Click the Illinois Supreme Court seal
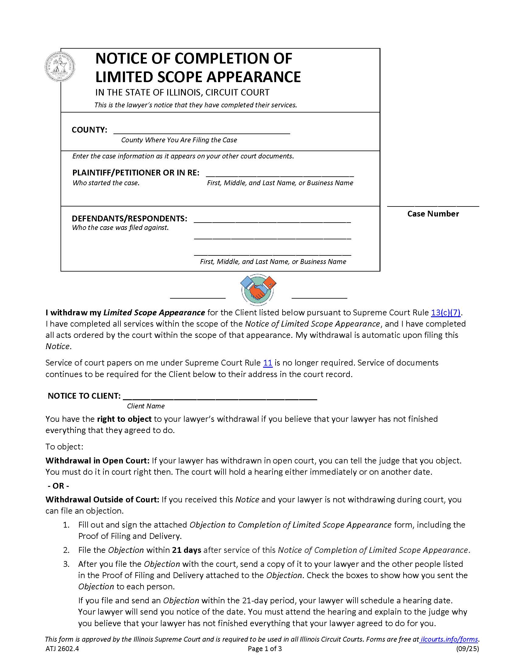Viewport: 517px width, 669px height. [x=60, y=67]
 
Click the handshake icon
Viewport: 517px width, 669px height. [x=258, y=289]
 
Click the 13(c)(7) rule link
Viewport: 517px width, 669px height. [x=446, y=312]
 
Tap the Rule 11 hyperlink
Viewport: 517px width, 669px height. [x=268, y=363]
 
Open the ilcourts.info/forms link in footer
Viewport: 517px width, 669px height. [x=449, y=639]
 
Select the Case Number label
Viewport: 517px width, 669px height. [x=433, y=214]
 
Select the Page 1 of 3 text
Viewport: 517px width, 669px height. [x=265, y=649]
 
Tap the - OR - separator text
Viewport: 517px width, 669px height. [x=58, y=486]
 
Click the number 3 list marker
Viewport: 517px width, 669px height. [x=67, y=564]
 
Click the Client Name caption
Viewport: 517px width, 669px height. [x=146, y=406]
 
